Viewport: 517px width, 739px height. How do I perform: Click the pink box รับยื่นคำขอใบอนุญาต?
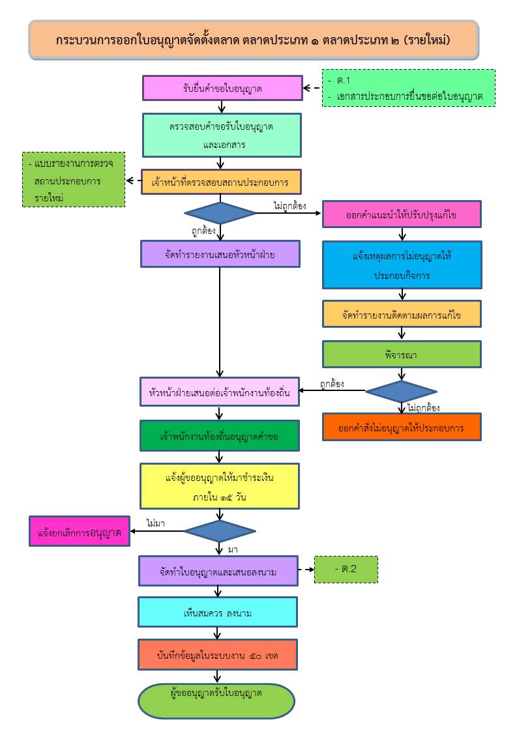(x=223, y=88)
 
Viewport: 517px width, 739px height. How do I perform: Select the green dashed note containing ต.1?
(x=409, y=88)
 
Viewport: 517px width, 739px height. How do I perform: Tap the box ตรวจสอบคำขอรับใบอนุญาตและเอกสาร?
(x=222, y=136)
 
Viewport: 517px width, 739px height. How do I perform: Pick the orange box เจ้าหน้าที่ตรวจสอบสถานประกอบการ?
(x=221, y=182)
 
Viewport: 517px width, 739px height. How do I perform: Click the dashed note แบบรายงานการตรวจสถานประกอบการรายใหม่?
(x=74, y=180)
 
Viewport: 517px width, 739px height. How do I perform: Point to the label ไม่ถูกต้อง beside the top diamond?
(x=289, y=205)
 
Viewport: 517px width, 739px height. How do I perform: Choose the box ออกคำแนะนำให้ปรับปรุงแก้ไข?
(x=402, y=214)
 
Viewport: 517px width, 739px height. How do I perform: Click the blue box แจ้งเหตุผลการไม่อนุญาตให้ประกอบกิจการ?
(x=402, y=265)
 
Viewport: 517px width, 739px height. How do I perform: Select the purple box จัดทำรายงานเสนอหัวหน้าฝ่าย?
(x=220, y=254)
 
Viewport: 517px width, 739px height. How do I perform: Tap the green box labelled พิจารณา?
(x=402, y=355)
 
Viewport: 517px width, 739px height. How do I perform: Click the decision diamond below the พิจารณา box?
(x=401, y=391)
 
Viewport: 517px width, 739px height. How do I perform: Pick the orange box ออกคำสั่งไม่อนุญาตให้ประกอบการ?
(x=402, y=427)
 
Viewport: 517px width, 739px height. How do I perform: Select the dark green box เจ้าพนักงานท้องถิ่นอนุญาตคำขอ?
(x=219, y=436)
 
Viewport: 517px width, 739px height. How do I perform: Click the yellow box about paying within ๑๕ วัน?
(x=219, y=486)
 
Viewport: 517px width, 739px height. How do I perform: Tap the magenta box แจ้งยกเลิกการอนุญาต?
(x=80, y=531)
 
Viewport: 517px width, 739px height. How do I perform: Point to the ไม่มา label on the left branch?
(x=155, y=523)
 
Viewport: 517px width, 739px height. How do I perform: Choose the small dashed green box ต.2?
(x=346, y=570)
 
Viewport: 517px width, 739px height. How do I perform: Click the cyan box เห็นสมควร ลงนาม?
(x=218, y=612)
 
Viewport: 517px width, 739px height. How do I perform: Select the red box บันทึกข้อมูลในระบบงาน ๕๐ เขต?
(x=218, y=655)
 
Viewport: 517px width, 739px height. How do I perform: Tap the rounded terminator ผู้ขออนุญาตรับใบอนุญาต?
(x=216, y=701)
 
